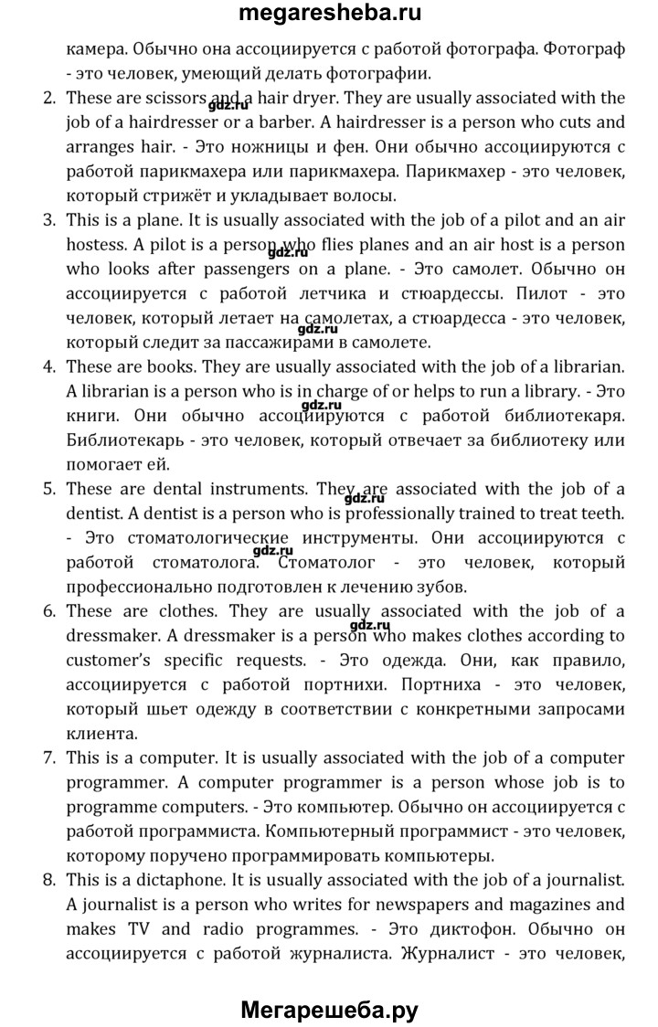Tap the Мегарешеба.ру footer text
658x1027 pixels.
(329, 1005)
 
